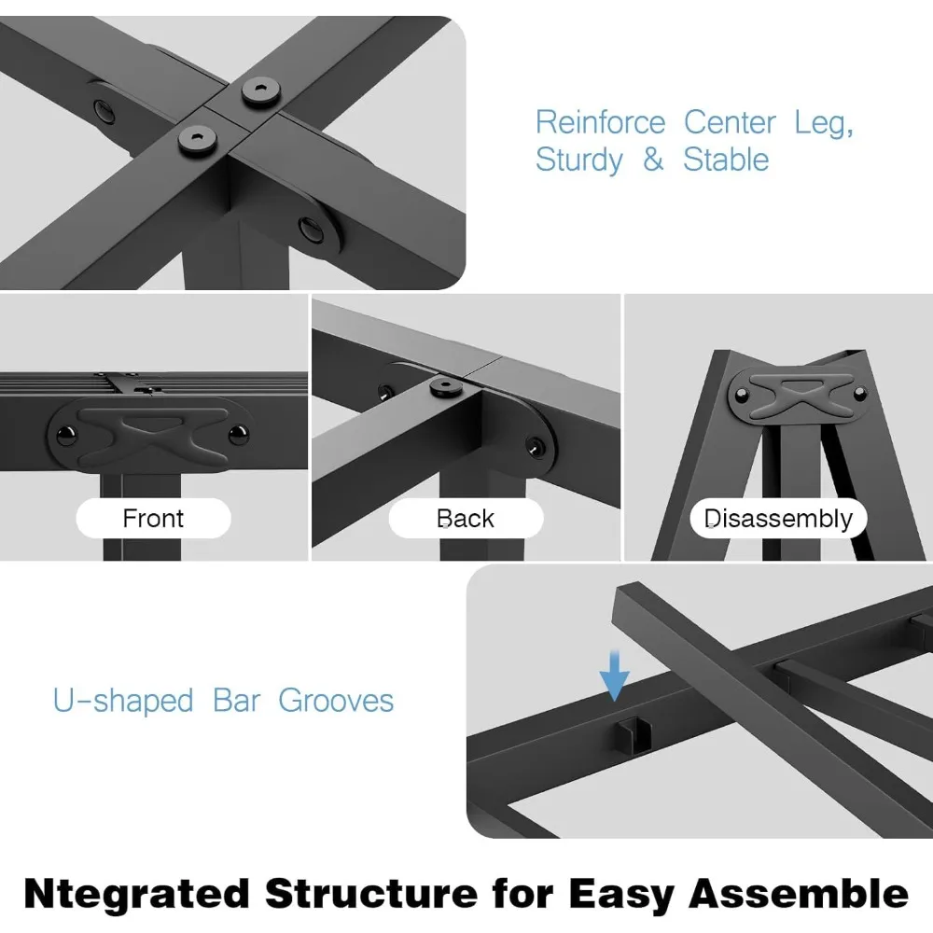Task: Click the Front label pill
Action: tap(153, 519)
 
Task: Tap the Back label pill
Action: tap(466, 519)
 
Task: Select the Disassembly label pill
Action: tap(778, 519)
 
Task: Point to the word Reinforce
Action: tap(600, 123)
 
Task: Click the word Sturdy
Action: tap(578, 160)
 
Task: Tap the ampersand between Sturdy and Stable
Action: tap(653, 160)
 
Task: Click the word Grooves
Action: tap(336, 701)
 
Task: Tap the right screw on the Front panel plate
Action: tap(238, 435)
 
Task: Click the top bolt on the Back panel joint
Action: tap(446, 386)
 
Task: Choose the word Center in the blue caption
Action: tap(730, 123)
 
